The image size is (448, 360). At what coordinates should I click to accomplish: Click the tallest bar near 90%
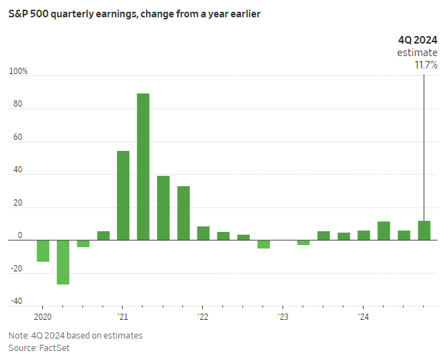(143, 167)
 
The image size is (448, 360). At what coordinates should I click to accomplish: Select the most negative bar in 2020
(63, 262)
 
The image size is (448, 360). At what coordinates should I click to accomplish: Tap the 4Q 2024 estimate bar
(424, 231)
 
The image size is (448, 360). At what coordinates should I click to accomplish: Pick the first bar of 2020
(43, 251)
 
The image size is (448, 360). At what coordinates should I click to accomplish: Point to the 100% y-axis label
(18, 72)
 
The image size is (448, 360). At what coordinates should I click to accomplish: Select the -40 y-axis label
(17, 301)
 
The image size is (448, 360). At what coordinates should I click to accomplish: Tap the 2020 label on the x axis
(42, 317)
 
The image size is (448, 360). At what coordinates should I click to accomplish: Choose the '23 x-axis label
(283, 317)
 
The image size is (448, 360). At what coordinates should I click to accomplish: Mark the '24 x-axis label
(364, 317)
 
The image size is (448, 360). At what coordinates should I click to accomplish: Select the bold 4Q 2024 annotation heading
(418, 39)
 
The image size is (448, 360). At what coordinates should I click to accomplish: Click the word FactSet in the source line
(55, 348)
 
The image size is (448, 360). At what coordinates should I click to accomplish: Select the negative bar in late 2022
(264, 244)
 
